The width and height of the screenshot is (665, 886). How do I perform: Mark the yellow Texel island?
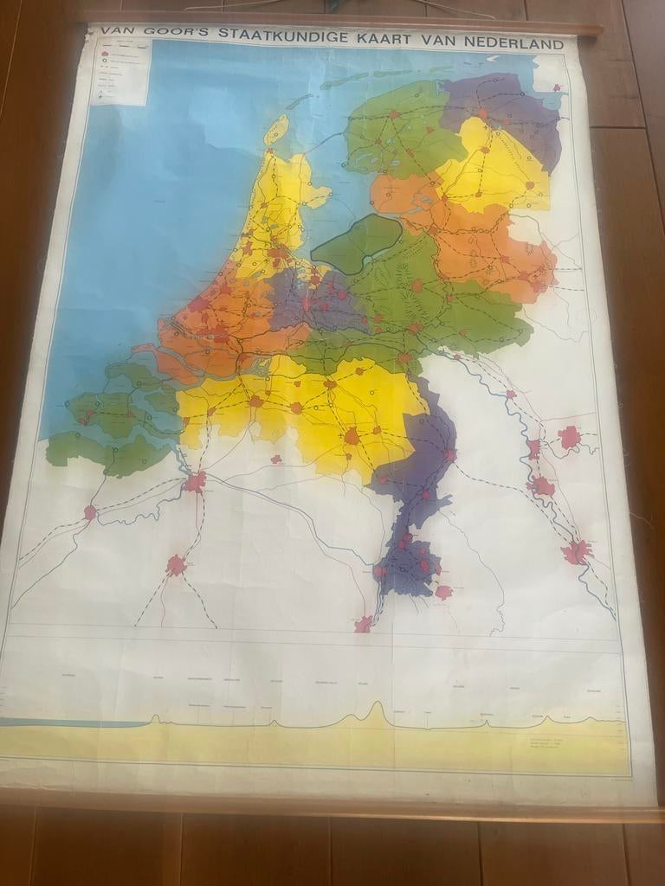pyautogui.click(x=276, y=130)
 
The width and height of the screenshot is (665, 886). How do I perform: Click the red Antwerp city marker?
pyautogui.click(x=195, y=481)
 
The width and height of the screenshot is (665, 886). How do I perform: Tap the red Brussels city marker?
pyautogui.click(x=177, y=565)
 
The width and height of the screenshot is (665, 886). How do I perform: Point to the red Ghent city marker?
pyautogui.click(x=90, y=512)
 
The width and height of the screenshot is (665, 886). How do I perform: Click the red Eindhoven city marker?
pyautogui.click(x=352, y=435)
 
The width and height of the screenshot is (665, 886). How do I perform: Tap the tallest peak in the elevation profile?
pyautogui.click(x=377, y=711)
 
